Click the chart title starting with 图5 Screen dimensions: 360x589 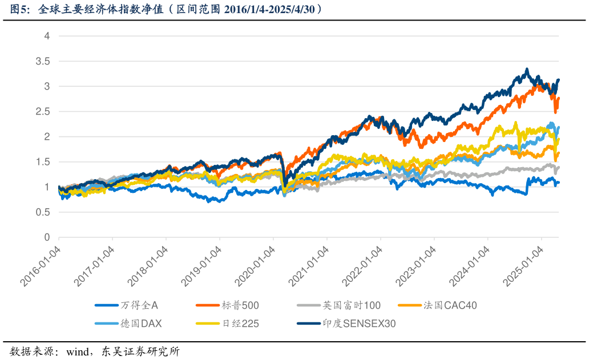click(166, 9)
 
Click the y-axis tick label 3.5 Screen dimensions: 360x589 click(43, 61)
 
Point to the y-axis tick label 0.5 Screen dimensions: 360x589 click(43, 212)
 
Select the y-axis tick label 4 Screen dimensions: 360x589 click(47, 36)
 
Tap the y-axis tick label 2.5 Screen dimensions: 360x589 click(43, 111)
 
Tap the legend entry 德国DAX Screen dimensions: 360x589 click(141, 323)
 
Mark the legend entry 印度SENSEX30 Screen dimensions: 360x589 click(359, 323)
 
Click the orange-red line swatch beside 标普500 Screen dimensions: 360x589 click(208, 306)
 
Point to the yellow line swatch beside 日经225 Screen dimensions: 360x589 click(208, 323)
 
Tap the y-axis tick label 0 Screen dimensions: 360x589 click(47, 237)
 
